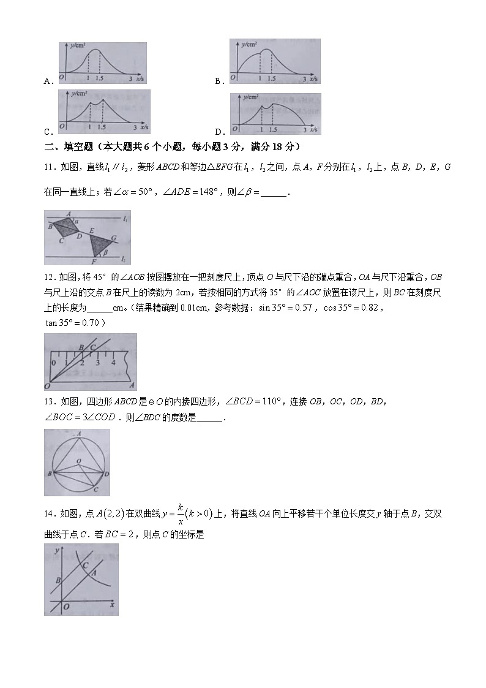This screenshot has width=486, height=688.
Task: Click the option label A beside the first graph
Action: tap(47, 80)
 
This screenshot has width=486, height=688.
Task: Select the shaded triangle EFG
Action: tap(98, 244)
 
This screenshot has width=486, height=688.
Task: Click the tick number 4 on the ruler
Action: tap(113, 363)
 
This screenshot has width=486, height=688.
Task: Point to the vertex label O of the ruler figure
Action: tap(47, 387)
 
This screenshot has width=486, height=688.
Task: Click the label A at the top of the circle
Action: tap(79, 434)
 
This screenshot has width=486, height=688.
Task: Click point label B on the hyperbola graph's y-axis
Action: tap(58, 579)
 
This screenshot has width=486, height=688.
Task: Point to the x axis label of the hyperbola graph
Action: tap(113, 604)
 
